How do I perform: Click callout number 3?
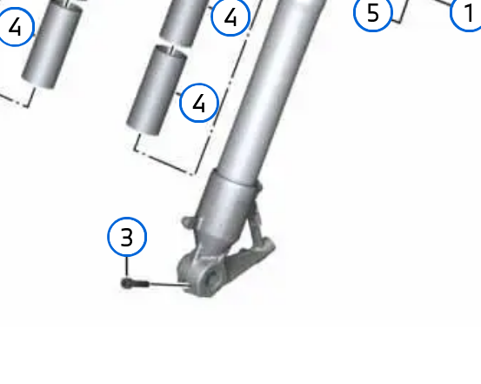point(127,237)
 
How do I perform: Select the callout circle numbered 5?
point(373,13)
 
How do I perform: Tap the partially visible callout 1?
point(466,13)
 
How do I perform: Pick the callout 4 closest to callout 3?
point(199,103)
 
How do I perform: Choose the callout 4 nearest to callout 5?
point(230,17)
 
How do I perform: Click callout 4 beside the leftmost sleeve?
point(15,27)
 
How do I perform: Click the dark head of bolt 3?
point(126,283)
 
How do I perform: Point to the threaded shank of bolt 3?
point(140,284)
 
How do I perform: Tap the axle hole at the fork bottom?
point(211,278)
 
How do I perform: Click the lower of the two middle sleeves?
point(157,91)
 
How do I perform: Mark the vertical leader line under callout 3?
point(127,267)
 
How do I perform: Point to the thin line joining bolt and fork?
point(169,285)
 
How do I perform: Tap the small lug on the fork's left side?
point(189,222)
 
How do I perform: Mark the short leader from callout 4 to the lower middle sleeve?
point(178,94)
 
